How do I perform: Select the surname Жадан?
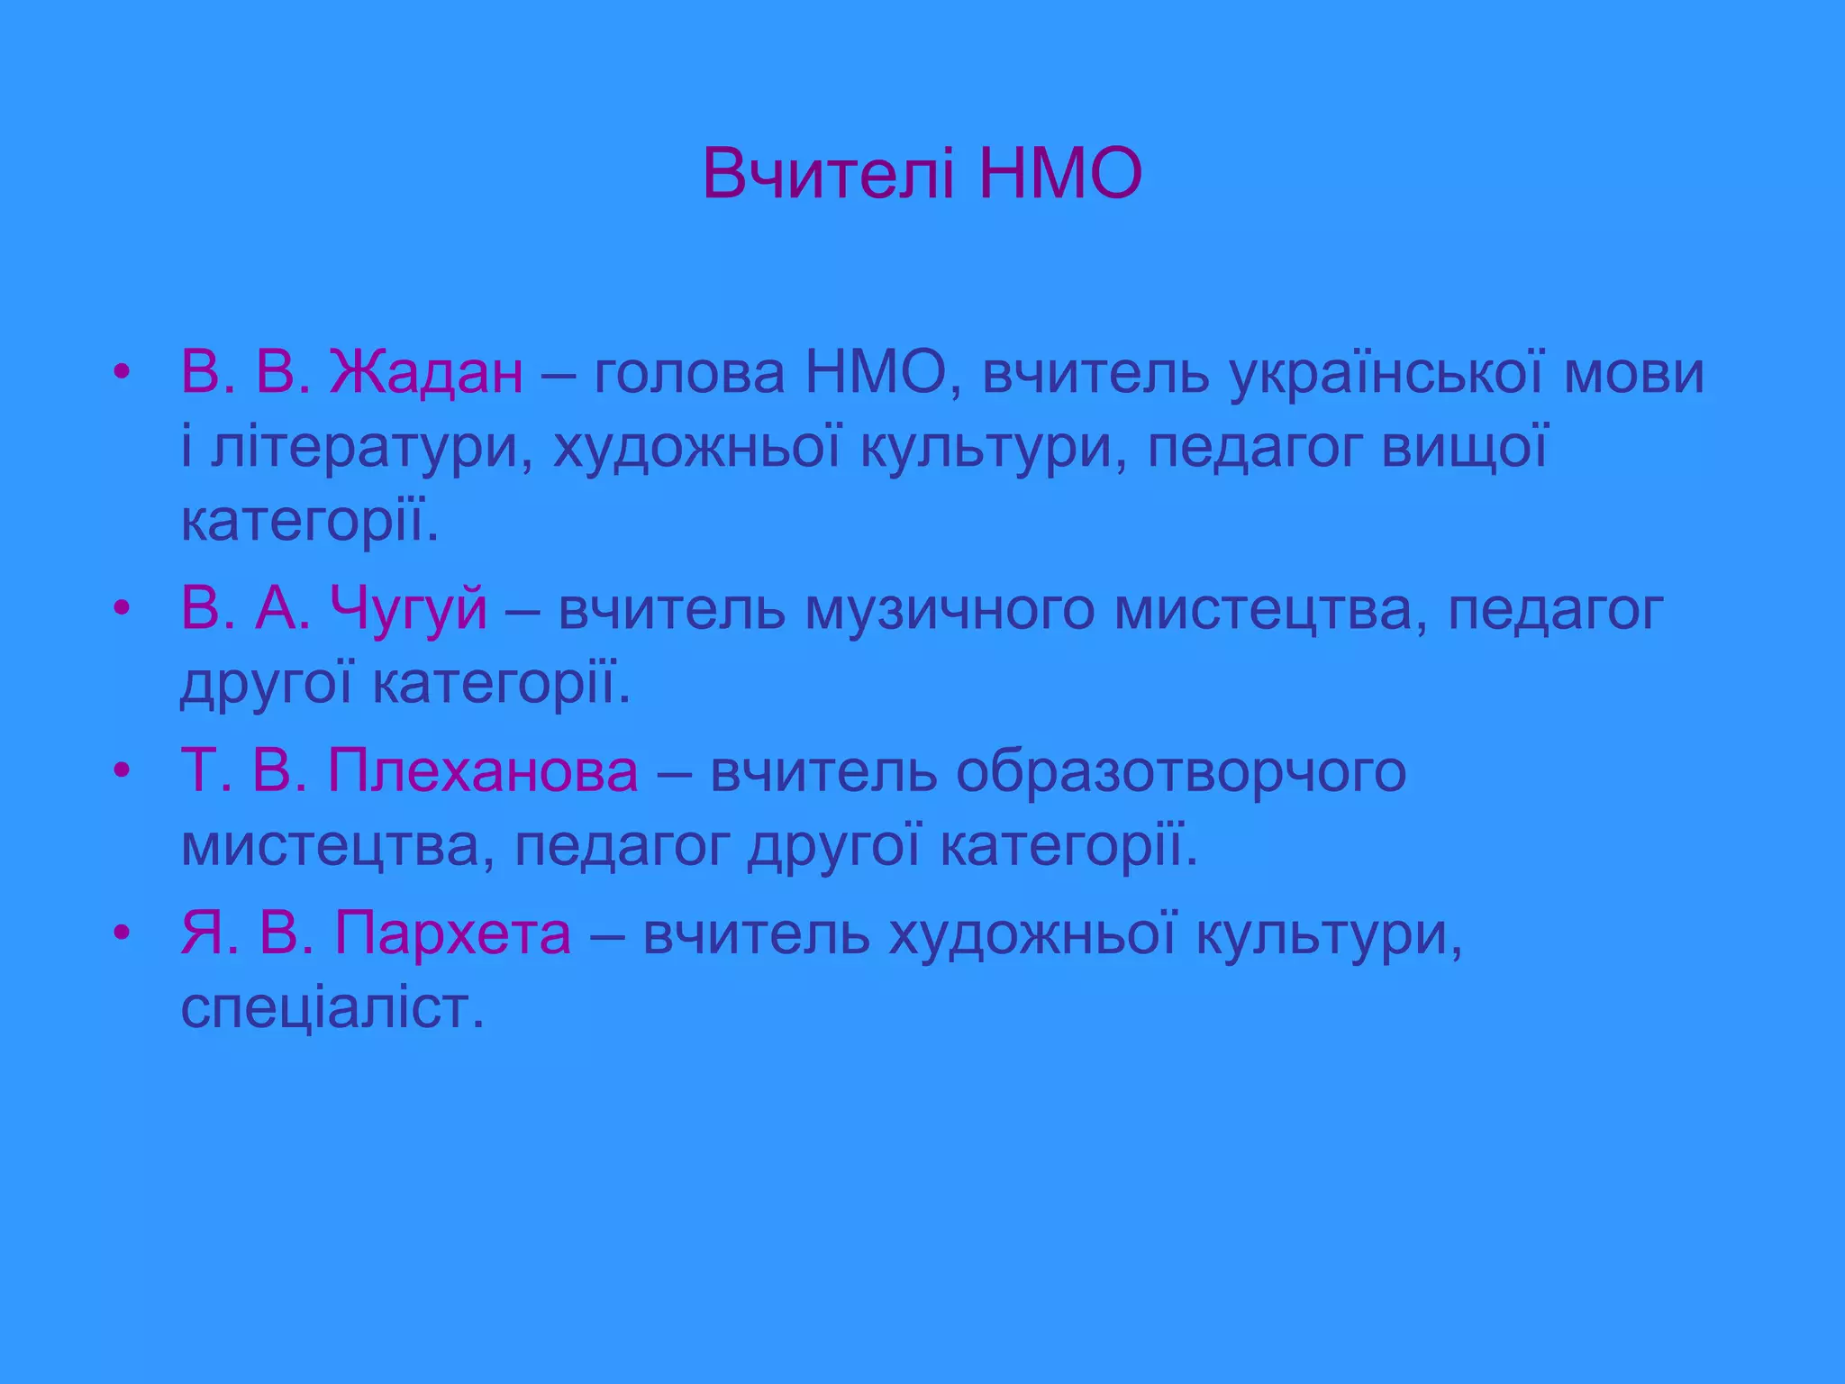(x=425, y=373)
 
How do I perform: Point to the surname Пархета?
(x=452, y=933)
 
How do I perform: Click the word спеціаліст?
(x=332, y=1008)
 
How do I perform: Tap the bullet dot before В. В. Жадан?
(x=123, y=373)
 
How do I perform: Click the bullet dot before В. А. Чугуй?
(x=123, y=609)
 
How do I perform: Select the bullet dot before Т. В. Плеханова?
(x=123, y=772)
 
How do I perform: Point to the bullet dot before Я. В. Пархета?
(x=123, y=933)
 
